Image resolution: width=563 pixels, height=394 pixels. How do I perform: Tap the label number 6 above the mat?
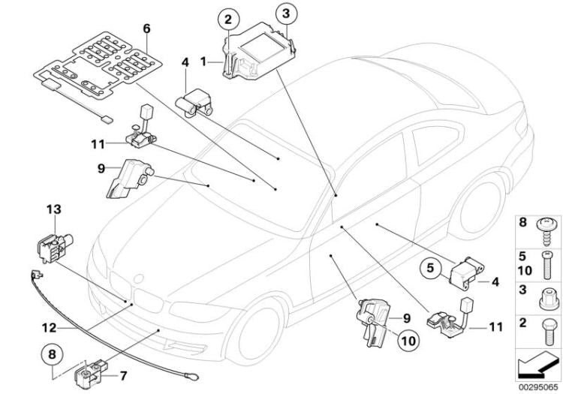click(147, 29)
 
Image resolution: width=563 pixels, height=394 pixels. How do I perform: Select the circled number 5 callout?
click(431, 266)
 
